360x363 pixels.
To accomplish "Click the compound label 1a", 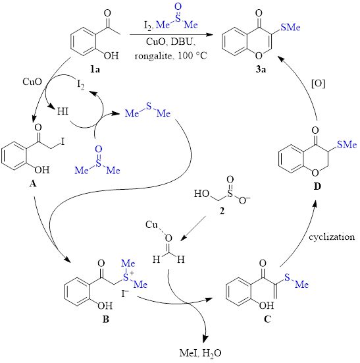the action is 95,69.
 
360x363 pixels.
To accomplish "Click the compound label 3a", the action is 261,69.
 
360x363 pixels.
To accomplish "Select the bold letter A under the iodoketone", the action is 33,184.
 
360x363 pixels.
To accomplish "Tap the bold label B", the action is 106,320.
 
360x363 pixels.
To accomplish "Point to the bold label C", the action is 267,320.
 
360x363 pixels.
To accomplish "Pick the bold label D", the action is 317,186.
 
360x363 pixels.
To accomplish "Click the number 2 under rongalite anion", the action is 222,211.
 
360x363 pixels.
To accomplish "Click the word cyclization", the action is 332,237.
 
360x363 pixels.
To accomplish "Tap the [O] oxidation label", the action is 319,84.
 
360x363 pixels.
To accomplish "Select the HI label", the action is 63,111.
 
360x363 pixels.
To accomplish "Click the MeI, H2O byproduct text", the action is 200,354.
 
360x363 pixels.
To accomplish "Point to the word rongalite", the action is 153,56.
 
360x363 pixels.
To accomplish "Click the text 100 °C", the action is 192,55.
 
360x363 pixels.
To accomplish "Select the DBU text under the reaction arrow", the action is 183,42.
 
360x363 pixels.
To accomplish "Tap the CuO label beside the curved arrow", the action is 32,82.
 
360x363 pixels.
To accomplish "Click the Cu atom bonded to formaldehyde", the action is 151,225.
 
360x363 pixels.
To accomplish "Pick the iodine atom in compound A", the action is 63,141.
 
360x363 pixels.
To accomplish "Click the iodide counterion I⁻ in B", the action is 125,294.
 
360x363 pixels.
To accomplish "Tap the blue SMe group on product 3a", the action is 290,27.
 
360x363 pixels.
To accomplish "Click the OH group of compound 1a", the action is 111,55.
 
